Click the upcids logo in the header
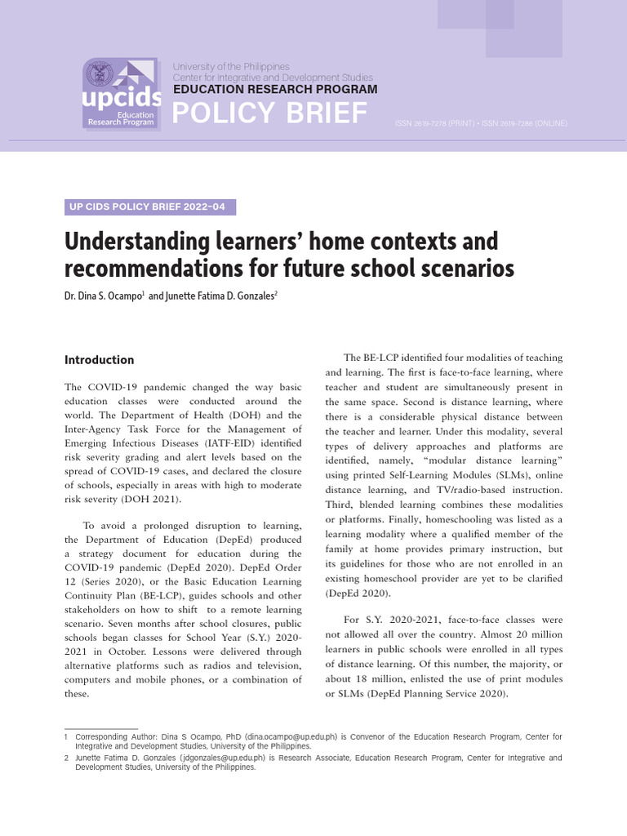tap(122, 94)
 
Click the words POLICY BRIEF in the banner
tap(269, 114)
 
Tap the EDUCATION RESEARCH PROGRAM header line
tap(274, 89)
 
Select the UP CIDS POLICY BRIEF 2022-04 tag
tap(149, 207)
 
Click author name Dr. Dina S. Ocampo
tap(102, 297)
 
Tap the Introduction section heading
tap(99, 360)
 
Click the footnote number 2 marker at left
tap(66, 758)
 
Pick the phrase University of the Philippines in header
tap(230, 66)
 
